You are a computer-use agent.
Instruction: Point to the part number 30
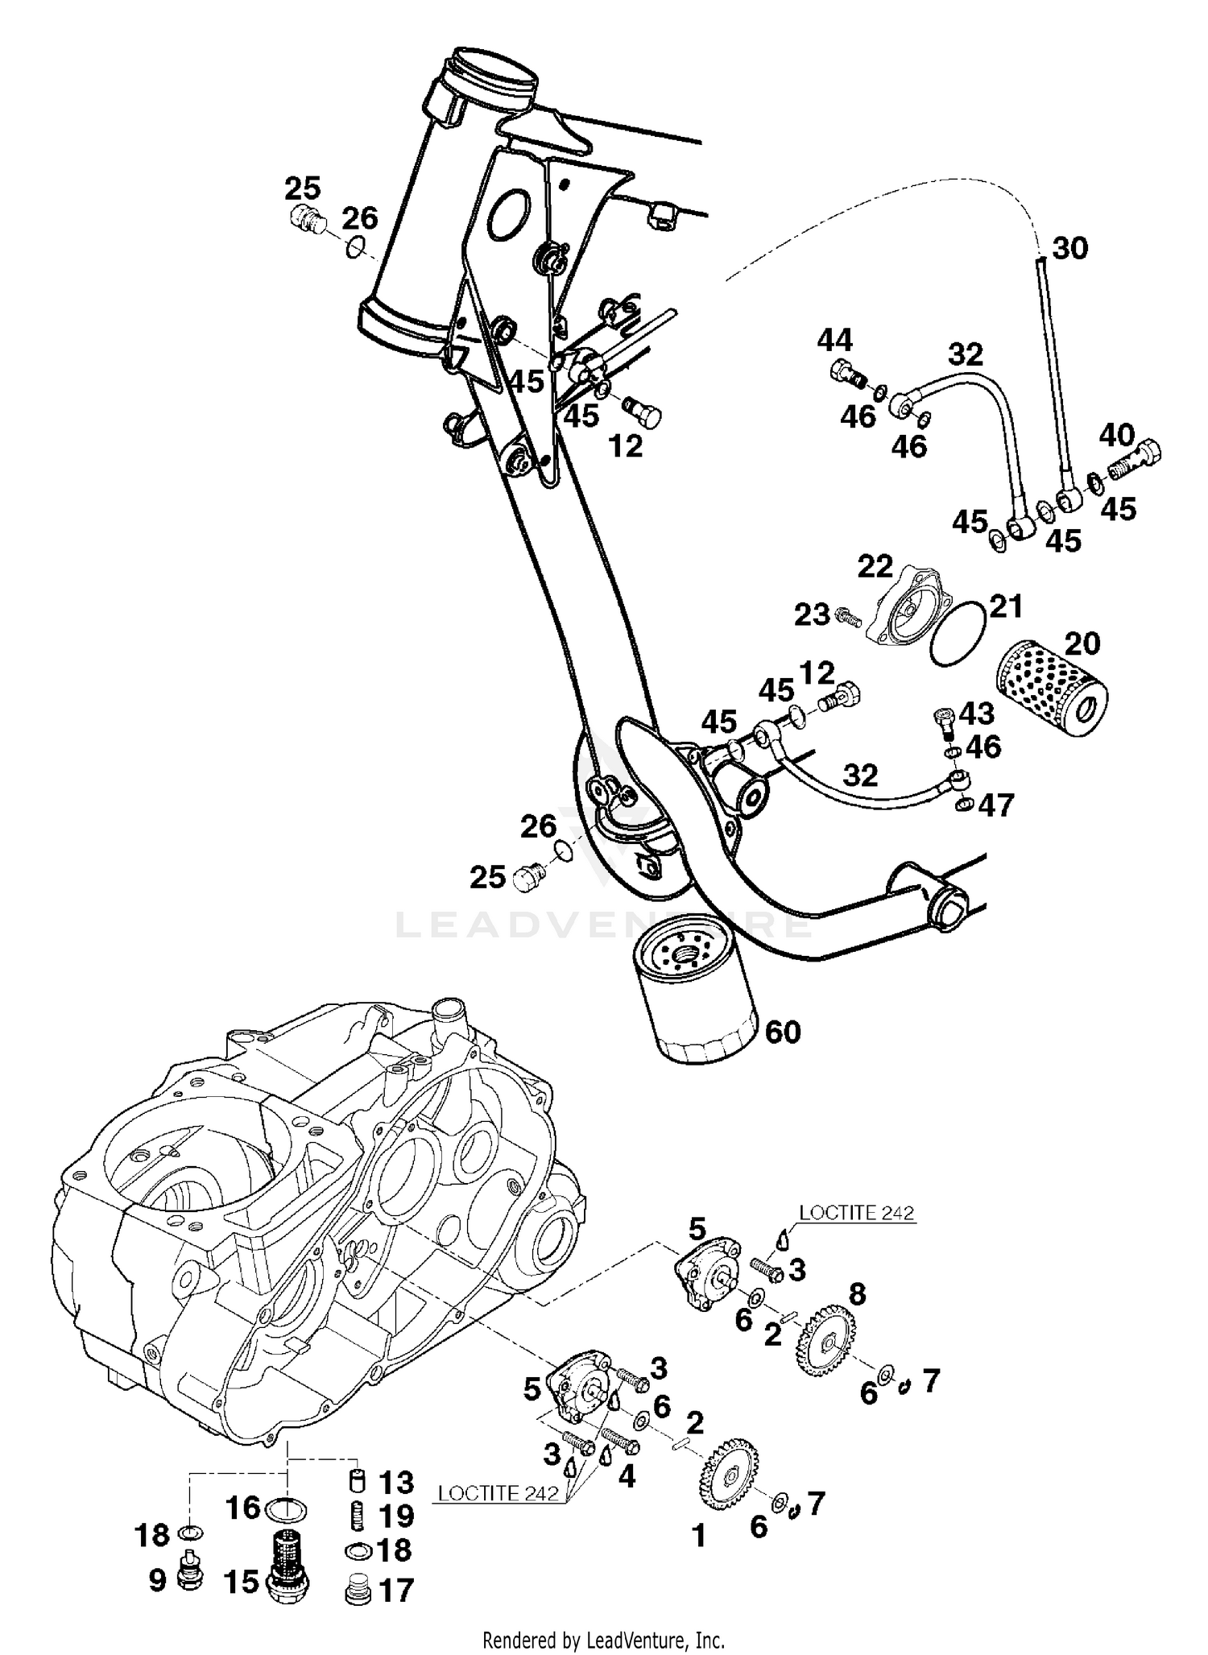pos(1070,248)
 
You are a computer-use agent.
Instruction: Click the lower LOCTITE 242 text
pos(498,1492)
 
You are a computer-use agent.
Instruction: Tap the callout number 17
pos(397,1590)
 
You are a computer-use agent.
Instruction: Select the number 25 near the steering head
pos(302,188)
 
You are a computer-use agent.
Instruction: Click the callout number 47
pos(996,805)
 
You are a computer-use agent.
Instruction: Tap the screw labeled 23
pos(849,619)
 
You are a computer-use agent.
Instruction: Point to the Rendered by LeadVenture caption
pos(603,1639)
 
